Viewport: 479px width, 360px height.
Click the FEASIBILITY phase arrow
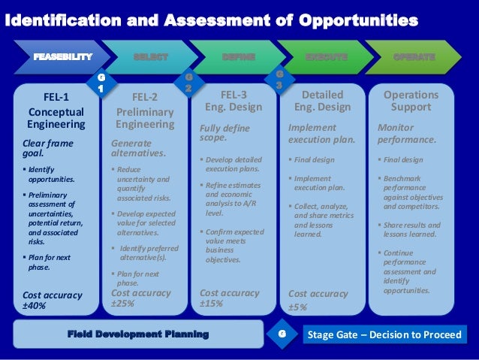(x=60, y=56)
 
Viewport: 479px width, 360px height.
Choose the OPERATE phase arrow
(x=414, y=56)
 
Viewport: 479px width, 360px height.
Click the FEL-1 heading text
(x=56, y=97)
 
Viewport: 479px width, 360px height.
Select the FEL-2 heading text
(x=144, y=97)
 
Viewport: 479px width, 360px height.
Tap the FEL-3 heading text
(x=235, y=95)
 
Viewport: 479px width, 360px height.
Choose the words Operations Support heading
(x=411, y=101)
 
